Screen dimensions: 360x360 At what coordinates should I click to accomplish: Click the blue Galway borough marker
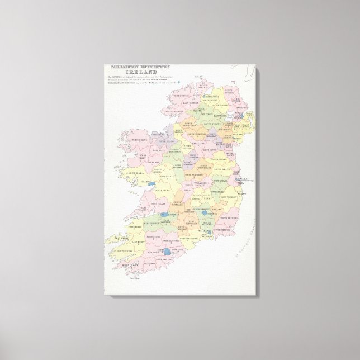149,182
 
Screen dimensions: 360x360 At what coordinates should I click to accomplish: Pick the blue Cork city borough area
168,252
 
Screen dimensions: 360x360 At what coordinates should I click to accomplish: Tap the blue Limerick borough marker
163,214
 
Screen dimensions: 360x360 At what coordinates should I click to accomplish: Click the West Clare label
138,207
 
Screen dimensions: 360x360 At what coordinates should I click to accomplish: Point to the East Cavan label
208,150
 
